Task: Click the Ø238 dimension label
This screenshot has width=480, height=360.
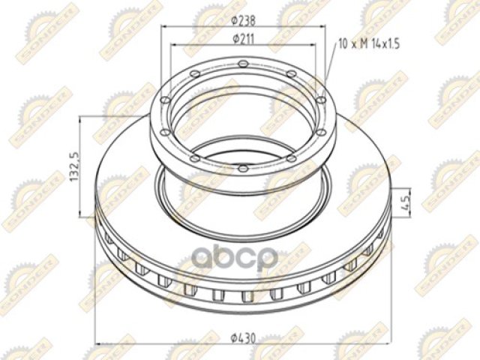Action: (244, 20)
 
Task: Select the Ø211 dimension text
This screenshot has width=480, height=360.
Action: (244, 38)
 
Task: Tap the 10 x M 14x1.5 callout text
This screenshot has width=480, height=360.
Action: (369, 43)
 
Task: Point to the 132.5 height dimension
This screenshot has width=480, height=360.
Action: (75, 166)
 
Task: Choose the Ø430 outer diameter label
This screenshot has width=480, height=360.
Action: (244, 338)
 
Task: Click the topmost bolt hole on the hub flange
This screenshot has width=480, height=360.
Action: (243, 64)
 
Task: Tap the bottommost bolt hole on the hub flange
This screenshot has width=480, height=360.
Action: (243, 168)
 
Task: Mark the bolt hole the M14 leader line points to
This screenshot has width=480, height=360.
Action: (320, 100)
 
